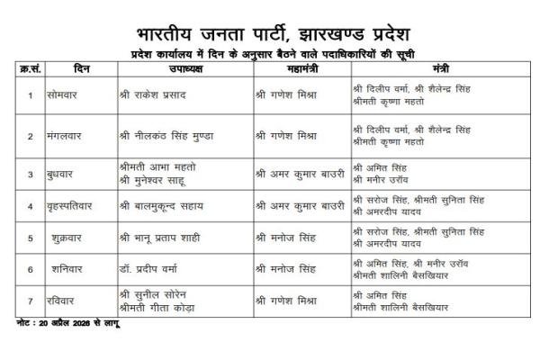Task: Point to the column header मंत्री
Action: pyautogui.click(x=440, y=69)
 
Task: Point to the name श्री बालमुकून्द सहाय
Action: pyautogui.click(x=166, y=206)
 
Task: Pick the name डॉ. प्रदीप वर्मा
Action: pyautogui.click(x=153, y=269)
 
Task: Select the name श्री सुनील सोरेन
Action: pyautogui.click(x=157, y=293)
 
